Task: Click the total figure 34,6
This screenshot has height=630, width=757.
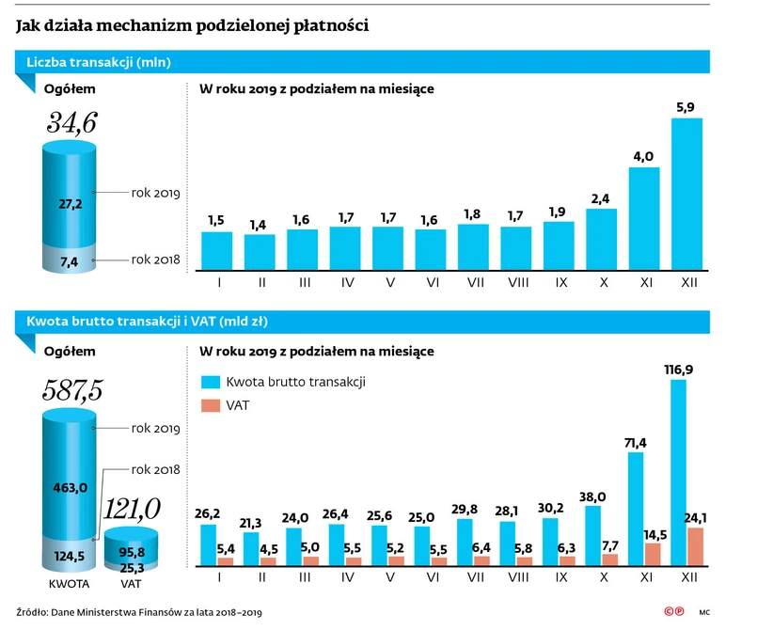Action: click(x=71, y=121)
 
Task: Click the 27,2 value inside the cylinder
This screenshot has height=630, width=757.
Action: click(x=71, y=202)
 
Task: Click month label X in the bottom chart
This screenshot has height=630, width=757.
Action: click(x=601, y=576)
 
